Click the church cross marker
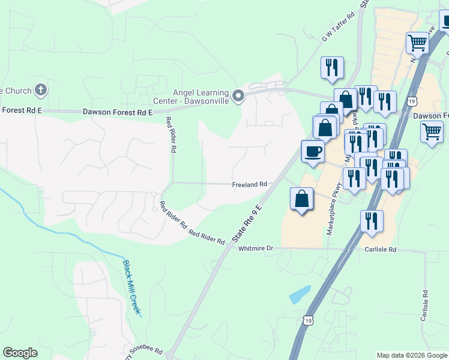coord(40,91)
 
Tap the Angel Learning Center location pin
coord(238,96)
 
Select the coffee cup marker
coord(312,151)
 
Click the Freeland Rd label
coord(249,185)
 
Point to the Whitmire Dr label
coord(256,248)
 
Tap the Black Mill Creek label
coord(131,287)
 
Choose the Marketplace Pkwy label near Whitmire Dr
coord(333,213)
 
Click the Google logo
coord(20,353)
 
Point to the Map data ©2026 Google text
coord(411,355)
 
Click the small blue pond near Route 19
coord(299,295)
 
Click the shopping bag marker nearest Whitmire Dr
coord(301,199)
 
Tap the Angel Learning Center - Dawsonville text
coord(200,97)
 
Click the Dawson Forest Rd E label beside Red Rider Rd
coord(118,112)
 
